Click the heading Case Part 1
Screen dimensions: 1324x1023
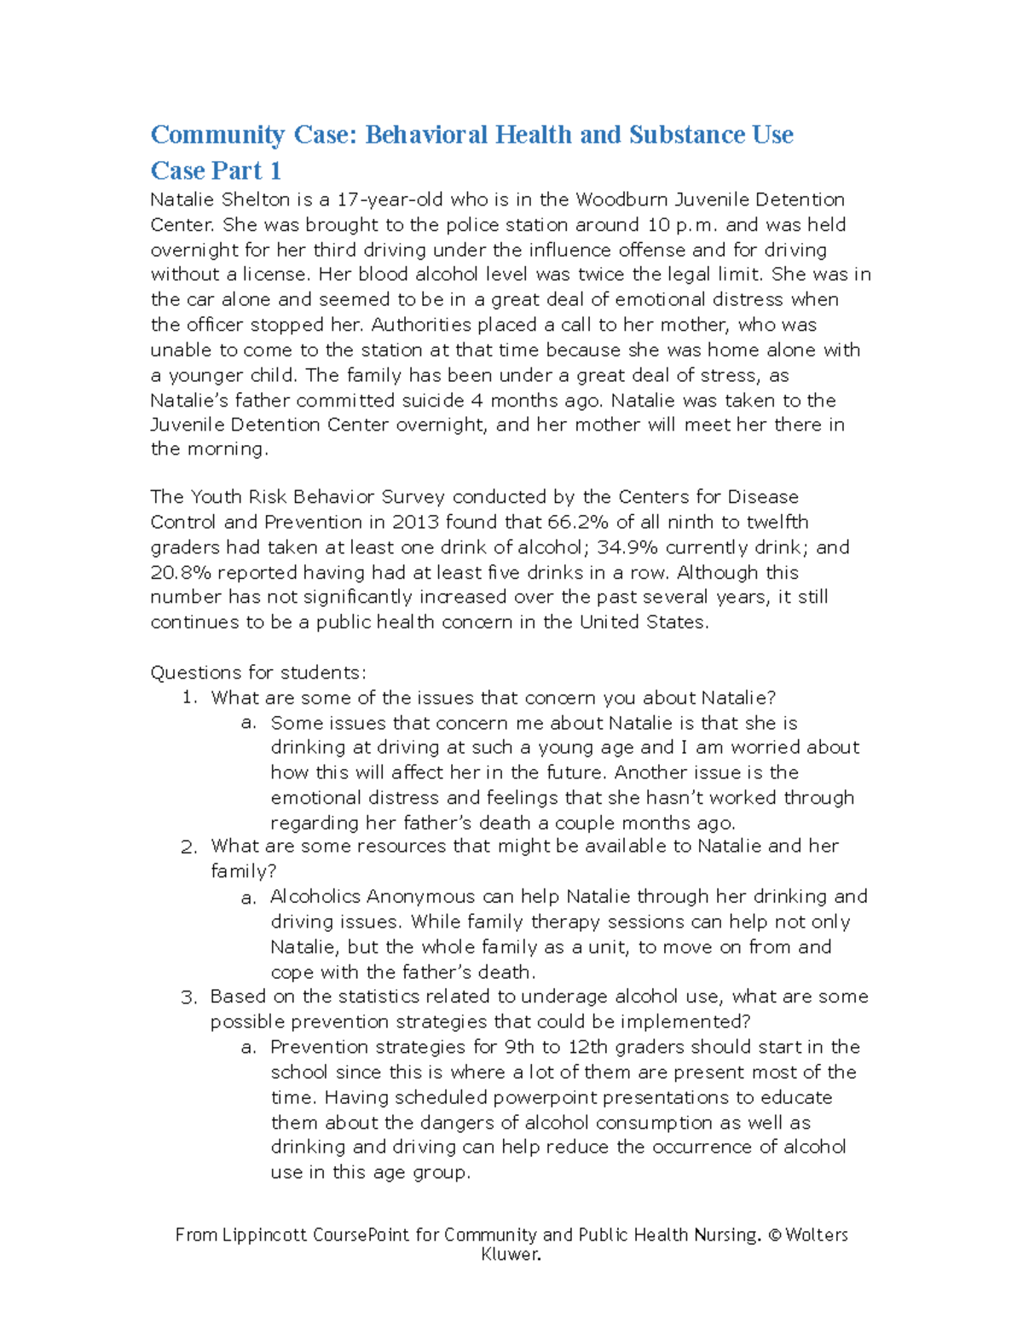(x=216, y=171)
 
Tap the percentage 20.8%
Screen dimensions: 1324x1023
(x=181, y=573)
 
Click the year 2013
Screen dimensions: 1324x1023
(x=416, y=522)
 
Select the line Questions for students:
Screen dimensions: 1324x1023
(x=258, y=673)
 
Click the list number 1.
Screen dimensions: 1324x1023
(x=189, y=698)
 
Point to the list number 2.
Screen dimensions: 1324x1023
(x=188, y=847)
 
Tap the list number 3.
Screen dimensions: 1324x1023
(x=188, y=997)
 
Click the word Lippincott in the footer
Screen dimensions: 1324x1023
(x=264, y=1234)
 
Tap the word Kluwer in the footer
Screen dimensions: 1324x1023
(x=511, y=1254)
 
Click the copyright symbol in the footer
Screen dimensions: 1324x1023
(x=774, y=1234)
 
